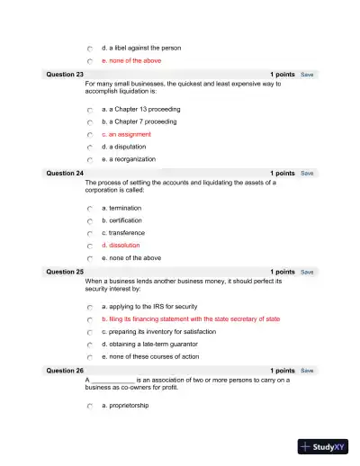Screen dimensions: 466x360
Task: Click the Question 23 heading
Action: tap(65, 75)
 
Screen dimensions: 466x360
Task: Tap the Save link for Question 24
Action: tap(307, 173)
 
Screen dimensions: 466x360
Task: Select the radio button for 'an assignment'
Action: tap(90, 135)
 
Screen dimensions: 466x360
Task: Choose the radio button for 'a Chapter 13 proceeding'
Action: tap(90, 110)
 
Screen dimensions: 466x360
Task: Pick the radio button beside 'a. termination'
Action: tap(90, 208)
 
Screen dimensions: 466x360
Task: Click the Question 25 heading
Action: tap(65, 272)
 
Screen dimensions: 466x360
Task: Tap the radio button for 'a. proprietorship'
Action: tap(90, 407)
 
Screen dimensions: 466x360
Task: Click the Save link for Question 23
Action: tap(307, 75)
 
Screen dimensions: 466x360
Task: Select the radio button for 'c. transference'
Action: tap(90, 233)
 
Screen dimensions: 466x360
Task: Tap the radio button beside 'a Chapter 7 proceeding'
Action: tap(90, 122)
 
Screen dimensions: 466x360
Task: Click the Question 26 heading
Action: tap(65, 371)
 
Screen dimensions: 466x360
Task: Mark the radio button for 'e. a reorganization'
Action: tap(90, 159)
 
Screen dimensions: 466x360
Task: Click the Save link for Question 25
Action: tap(307, 272)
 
